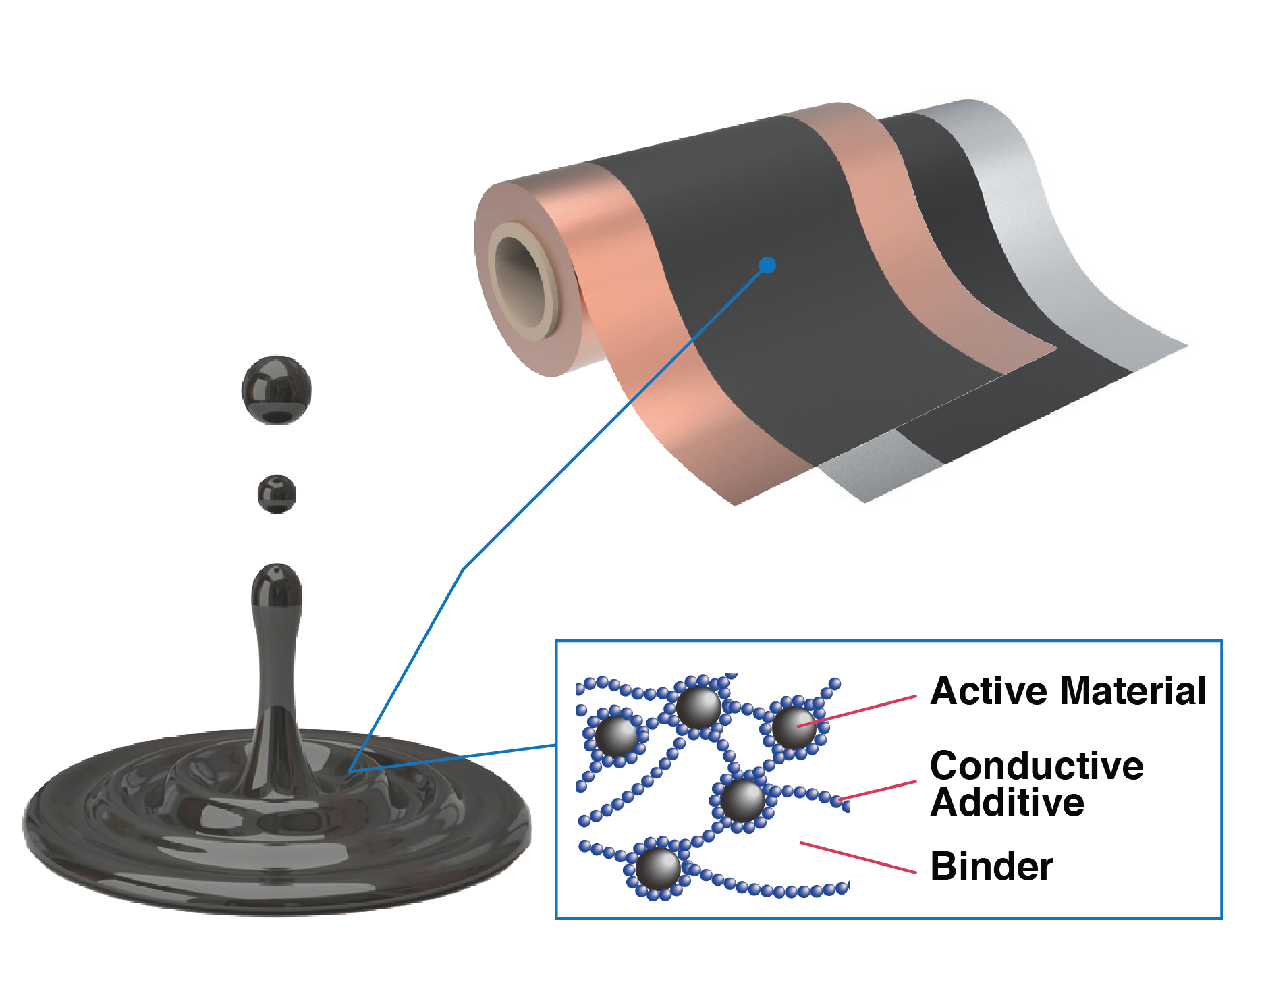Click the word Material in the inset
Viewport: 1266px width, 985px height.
tap(1133, 691)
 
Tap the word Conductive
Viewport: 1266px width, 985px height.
tap(1037, 766)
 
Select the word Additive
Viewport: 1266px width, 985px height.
tap(1007, 803)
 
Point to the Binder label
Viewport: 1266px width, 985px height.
tap(991, 866)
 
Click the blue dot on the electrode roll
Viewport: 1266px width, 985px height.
tap(767, 265)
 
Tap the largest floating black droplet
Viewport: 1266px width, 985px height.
tap(277, 390)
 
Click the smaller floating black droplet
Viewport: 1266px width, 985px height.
tap(277, 494)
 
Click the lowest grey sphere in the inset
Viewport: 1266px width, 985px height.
tap(658, 868)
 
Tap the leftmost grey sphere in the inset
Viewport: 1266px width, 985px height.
tap(615, 735)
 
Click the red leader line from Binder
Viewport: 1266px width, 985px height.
tap(857, 857)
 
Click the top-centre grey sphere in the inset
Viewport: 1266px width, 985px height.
tap(698, 707)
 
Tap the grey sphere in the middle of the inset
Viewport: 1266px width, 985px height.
tap(742, 800)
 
